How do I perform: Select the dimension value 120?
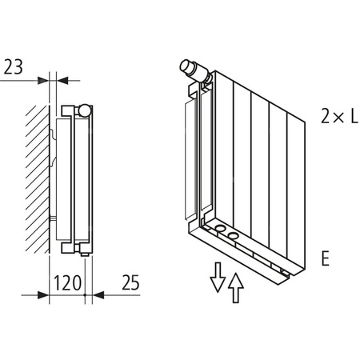(x=68, y=282)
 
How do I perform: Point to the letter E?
(x=326, y=259)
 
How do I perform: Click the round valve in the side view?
(x=85, y=110)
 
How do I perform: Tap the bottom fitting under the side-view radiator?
(x=86, y=250)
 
